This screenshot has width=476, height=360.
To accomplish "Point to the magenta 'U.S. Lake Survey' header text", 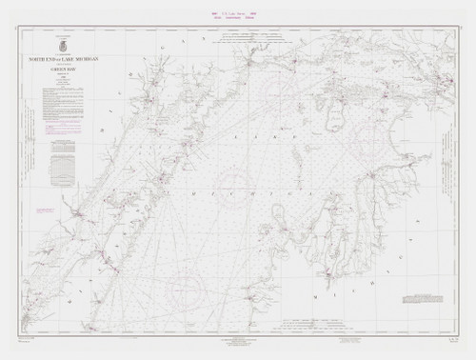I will coord(238,13).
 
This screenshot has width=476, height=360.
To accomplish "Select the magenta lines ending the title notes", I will coord(67,123).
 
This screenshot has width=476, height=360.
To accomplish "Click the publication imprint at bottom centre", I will coord(238,341).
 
